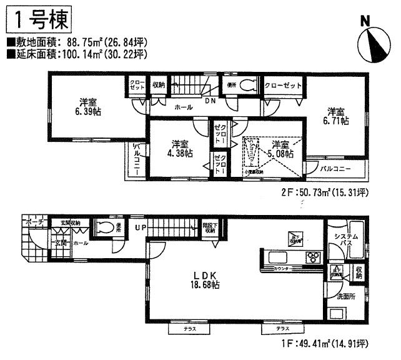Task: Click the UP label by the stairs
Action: click(143, 228)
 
